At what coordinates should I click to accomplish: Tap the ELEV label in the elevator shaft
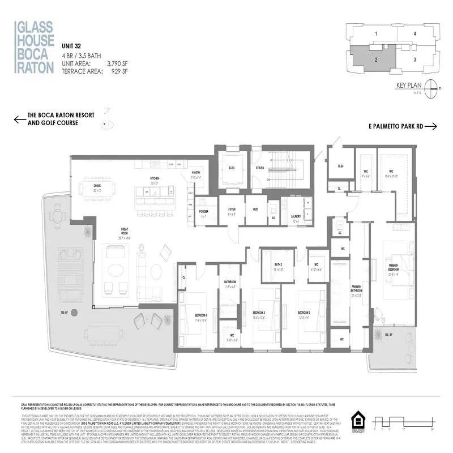coord(231,168)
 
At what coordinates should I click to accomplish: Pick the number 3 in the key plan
coord(415,59)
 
